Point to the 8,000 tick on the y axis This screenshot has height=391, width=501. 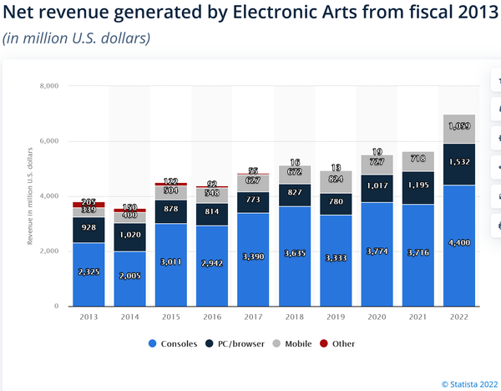coord(48,86)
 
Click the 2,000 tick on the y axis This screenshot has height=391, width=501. coord(48,251)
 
